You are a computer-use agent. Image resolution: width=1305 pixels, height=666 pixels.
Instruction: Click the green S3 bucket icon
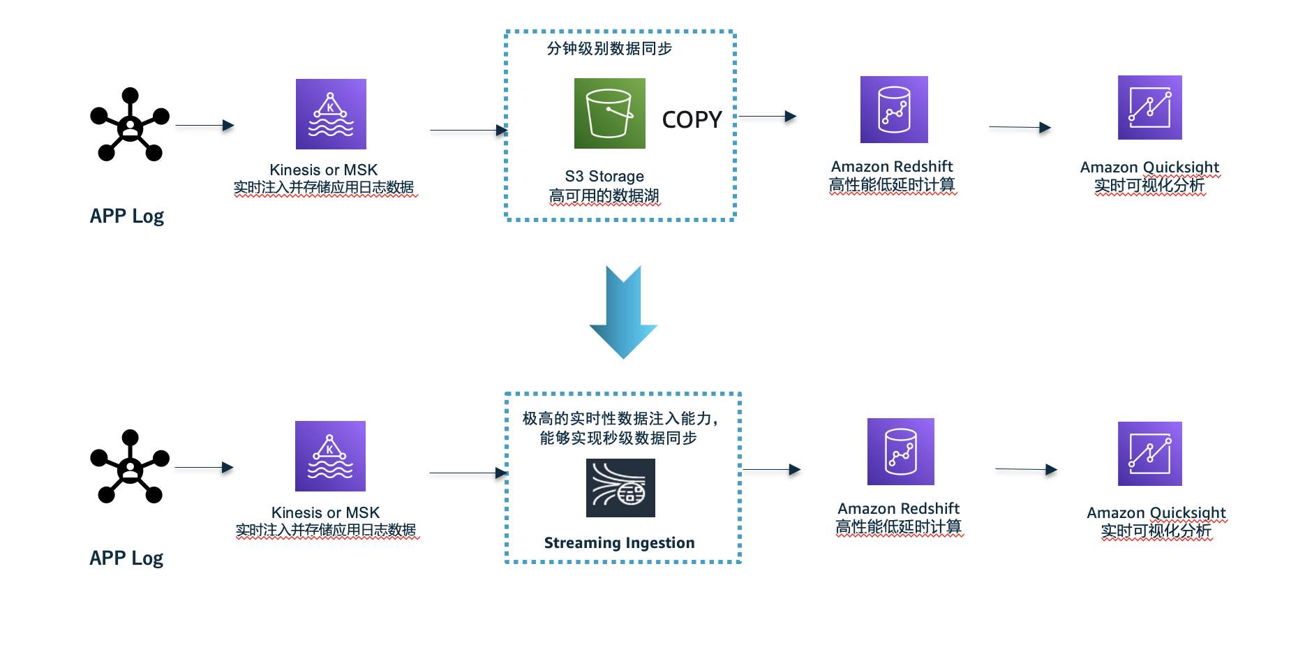coord(609,113)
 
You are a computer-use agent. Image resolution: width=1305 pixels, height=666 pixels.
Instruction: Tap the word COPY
coord(692,120)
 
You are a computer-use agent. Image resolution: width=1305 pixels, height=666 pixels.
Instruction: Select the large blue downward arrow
coord(623,312)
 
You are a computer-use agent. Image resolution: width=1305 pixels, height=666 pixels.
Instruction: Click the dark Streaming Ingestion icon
coord(620,488)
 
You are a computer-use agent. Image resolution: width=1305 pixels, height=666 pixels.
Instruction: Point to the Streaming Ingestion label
coord(619,543)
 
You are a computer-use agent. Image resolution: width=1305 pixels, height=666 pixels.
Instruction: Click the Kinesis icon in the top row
coord(331,114)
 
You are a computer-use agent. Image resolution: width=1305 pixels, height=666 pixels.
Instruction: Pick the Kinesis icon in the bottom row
coord(330,456)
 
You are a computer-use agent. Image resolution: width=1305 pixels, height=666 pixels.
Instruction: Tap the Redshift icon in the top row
coord(894,110)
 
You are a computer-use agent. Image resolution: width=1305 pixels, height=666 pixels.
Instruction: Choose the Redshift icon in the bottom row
coord(900,452)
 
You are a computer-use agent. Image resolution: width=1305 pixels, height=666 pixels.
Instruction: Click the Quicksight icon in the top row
coord(1149,108)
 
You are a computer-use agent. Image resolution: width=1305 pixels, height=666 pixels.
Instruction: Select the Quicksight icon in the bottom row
coord(1149,454)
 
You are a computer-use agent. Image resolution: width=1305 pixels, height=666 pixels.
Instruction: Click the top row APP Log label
coord(127,216)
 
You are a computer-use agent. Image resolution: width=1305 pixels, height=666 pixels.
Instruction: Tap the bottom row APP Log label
coord(126,558)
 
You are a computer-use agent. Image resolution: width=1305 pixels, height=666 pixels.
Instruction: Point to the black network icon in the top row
coord(130,125)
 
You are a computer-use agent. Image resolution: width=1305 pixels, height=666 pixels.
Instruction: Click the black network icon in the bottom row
coord(130,466)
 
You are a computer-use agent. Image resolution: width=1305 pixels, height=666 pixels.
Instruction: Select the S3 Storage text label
coord(604,177)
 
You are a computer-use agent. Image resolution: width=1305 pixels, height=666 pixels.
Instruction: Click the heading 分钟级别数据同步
coord(609,49)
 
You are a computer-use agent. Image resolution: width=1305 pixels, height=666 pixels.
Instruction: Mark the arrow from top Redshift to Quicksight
coord(1020,127)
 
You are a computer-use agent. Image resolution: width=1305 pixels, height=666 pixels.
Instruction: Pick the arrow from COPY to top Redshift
coord(767,117)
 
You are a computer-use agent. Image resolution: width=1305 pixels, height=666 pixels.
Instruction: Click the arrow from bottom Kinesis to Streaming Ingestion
coord(468,473)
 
